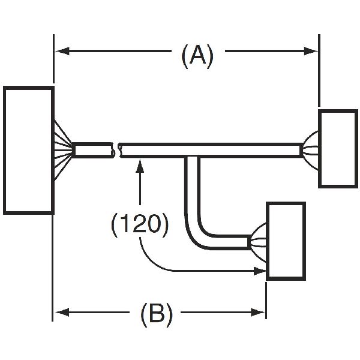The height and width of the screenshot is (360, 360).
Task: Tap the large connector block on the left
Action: [29, 150]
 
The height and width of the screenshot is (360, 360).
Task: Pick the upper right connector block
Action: [337, 148]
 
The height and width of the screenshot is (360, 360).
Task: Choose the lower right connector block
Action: [286, 241]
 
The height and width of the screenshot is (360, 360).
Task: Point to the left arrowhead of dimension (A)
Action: [61, 52]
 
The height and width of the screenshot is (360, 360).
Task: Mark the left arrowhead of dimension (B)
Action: [61, 312]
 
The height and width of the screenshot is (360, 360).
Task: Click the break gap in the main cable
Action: [116, 149]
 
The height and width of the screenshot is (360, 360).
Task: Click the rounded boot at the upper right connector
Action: [311, 148]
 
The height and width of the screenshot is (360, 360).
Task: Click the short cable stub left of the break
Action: [93, 149]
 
